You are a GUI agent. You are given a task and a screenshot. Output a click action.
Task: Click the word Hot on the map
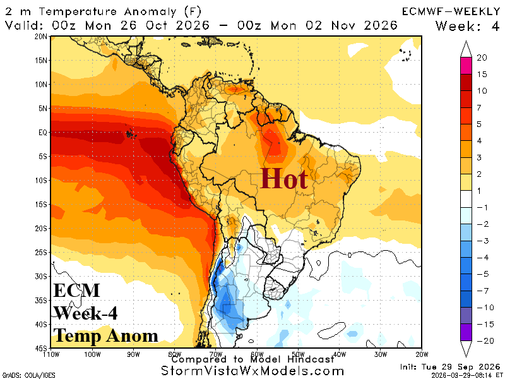point(283,179)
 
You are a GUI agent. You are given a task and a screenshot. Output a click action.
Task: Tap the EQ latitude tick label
point(42,133)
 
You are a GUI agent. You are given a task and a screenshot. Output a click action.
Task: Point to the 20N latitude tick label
point(40,37)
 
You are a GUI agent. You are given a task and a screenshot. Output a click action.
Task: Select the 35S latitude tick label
point(40,301)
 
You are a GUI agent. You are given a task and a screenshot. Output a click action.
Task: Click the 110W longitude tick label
point(51,354)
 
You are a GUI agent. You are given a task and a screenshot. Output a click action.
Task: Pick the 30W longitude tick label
point(381,354)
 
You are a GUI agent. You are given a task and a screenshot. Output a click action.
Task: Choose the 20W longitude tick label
point(421,354)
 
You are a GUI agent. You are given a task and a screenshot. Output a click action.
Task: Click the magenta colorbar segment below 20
point(466,66)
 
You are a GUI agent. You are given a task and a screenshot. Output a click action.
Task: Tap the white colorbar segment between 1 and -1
point(466,199)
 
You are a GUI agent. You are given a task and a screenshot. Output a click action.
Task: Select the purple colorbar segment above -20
point(466,332)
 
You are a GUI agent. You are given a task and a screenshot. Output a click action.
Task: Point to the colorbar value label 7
point(479,107)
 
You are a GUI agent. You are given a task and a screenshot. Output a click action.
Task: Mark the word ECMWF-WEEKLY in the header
point(451,11)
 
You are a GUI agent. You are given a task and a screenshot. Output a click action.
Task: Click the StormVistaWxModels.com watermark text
point(252,371)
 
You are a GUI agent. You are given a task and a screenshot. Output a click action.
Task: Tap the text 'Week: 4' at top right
point(467,26)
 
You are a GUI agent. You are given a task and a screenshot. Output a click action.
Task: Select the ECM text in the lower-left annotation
point(76,290)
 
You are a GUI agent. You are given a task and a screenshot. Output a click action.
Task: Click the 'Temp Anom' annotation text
point(105,335)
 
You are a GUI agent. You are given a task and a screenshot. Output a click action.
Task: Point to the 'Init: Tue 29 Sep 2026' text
point(450,367)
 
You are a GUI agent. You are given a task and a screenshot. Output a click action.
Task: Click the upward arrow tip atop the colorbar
point(466,41)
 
